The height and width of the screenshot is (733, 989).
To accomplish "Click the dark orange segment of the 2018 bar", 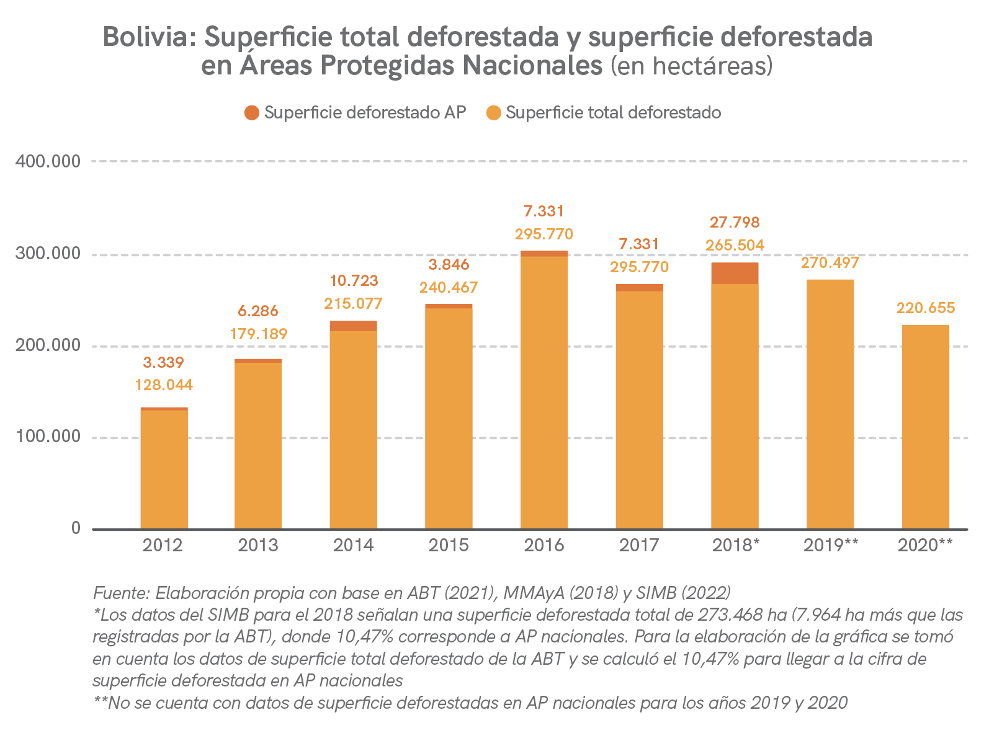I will [735, 273].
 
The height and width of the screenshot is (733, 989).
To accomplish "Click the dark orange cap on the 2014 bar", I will [353, 326].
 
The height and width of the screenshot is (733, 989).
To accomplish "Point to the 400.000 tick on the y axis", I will [48, 162].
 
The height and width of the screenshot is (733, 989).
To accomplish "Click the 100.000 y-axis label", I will [48, 437].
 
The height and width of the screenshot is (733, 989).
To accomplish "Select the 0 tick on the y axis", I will [76, 528].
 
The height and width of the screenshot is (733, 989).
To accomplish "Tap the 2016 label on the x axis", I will [544, 546].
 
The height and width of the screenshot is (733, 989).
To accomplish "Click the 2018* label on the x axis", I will [735, 546].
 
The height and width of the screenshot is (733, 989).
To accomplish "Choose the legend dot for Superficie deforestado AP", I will [251, 113].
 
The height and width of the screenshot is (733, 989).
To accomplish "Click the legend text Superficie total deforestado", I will [613, 113].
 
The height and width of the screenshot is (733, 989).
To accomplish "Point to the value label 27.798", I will [735, 222].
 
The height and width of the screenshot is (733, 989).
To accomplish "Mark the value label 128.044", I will [164, 385].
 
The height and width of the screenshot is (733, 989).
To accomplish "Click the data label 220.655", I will [925, 308].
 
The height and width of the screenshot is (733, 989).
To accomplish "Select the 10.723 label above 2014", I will [353, 280].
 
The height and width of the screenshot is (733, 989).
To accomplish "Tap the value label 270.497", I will [830, 262].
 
